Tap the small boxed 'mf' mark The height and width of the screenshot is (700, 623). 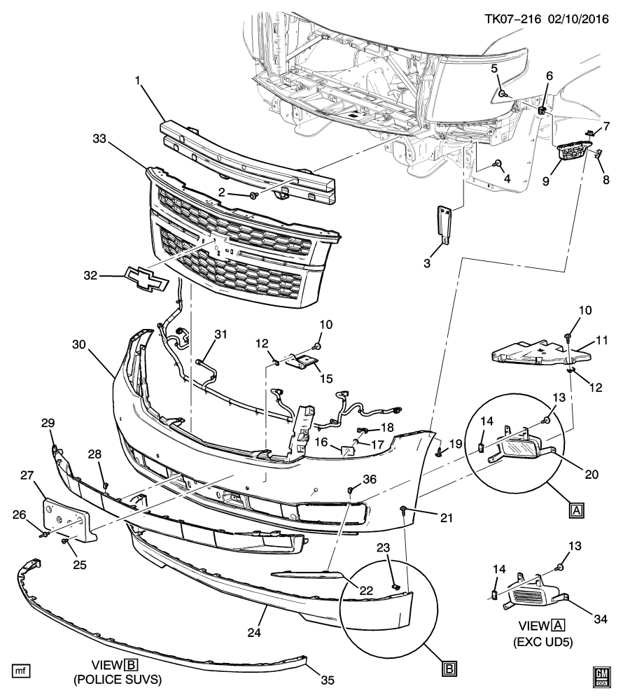click(x=22, y=671)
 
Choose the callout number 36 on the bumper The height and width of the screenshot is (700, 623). click(x=370, y=478)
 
